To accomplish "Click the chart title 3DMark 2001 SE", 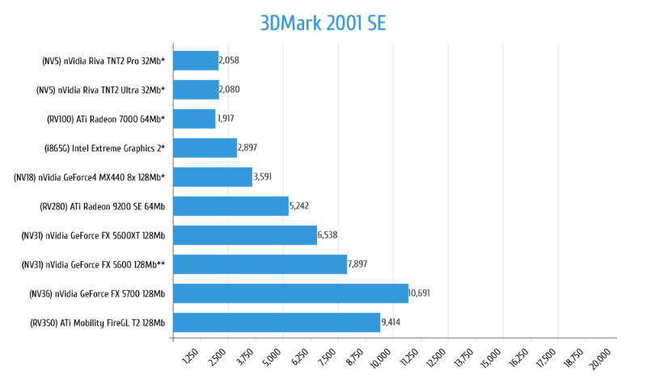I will pos(323,22).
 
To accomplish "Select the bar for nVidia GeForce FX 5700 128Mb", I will pos(290,293).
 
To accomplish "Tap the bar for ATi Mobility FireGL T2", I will pos(277,323).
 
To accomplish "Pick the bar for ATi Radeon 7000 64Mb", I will pos(194,119).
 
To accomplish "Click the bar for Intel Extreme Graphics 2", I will pos(205,148).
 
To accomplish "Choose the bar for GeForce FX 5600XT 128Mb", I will pos(245,235).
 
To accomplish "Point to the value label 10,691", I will pos(419,293).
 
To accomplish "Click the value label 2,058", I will pos(229,61).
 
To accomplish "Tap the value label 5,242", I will pos(299,206).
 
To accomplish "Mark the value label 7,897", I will pos(357,264).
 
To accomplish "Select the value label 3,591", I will pos(264,177).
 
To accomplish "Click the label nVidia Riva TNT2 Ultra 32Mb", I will pos(101,90).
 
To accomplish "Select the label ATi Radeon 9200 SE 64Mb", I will pos(103,206).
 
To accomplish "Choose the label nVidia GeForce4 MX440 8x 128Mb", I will pos(90,177).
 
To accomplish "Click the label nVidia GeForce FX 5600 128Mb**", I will pos(94,264).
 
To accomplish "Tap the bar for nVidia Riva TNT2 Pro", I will pos(196,61).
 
